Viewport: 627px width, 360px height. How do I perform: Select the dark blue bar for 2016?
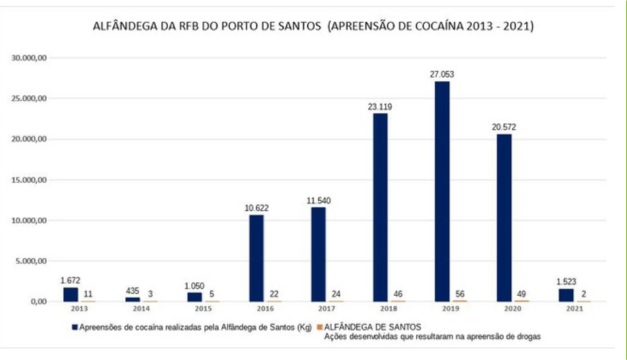point(256,258)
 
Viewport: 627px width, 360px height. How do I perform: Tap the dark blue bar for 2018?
point(380,207)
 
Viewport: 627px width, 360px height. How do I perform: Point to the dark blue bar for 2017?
point(318,254)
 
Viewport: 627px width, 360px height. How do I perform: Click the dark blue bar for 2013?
point(70,294)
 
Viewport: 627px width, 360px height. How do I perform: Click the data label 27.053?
point(442,74)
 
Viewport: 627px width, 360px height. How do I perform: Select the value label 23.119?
point(380,106)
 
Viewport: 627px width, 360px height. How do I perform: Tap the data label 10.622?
point(256,208)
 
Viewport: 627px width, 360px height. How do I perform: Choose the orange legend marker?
point(319,327)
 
